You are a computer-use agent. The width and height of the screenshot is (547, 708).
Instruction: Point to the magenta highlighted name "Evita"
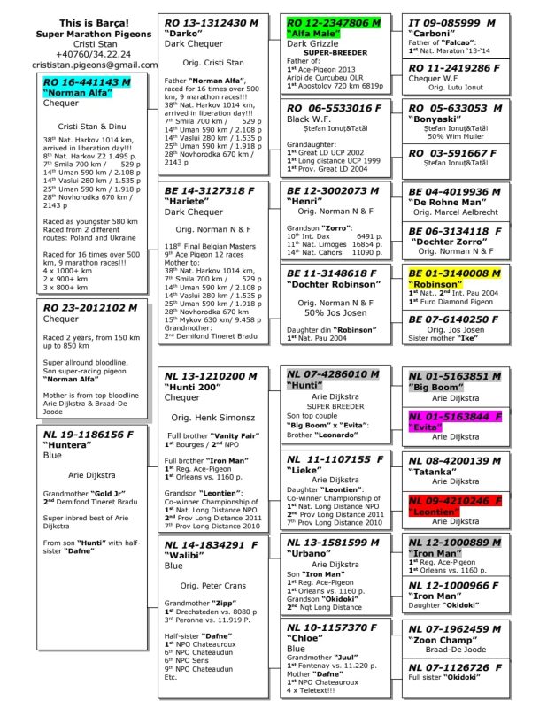424,427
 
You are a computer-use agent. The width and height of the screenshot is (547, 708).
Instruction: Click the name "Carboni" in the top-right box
431,34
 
